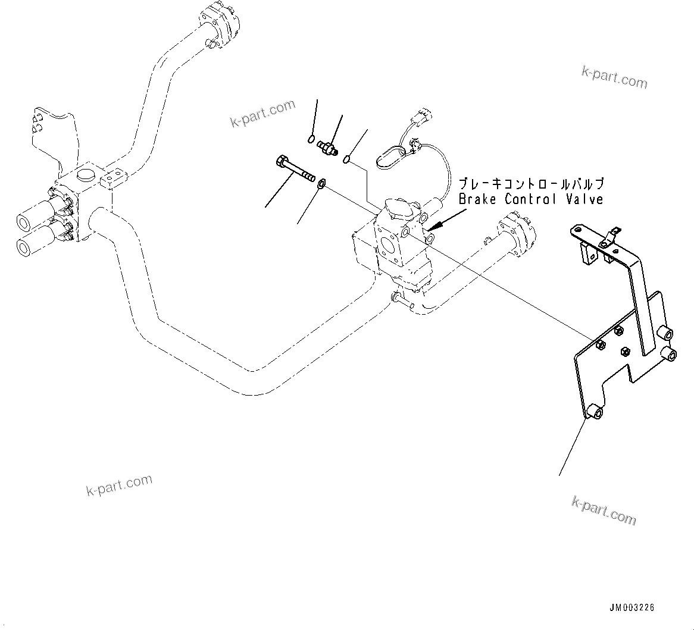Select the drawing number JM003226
(632, 607)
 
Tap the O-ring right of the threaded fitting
(347, 159)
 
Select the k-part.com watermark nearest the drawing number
(604, 510)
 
